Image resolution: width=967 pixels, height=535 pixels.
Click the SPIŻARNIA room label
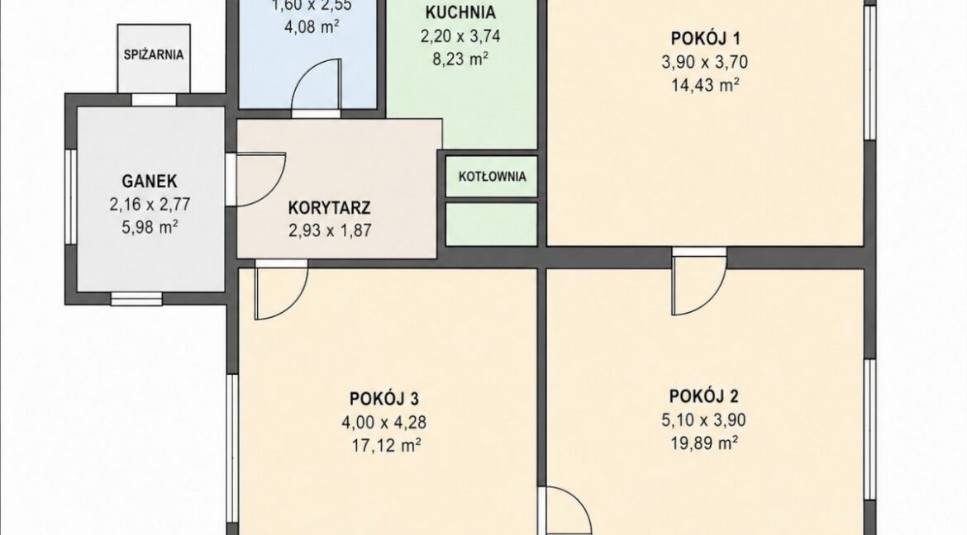(x=154, y=54)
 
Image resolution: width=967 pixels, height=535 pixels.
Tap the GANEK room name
(x=150, y=181)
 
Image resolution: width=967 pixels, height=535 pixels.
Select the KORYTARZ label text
(x=329, y=207)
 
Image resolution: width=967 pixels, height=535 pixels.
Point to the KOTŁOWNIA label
(x=492, y=177)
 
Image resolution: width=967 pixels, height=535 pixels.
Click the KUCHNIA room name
(x=460, y=12)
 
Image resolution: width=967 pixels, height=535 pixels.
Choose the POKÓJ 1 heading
(x=706, y=38)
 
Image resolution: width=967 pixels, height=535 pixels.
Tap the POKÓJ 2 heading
(x=703, y=395)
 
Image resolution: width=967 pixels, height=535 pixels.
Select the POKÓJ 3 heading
(x=384, y=398)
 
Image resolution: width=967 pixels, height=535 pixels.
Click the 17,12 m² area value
(x=383, y=445)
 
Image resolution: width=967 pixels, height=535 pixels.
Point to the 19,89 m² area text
(x=703, y=443)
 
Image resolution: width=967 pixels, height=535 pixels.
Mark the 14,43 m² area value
(x=705, y=85)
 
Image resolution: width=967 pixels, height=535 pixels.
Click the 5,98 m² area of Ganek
(x=150, y=227)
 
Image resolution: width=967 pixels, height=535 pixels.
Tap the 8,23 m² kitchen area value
(x=460, y=59)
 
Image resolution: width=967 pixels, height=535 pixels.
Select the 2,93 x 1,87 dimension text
(x=330, y=230)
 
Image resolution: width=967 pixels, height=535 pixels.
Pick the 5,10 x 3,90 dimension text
(x=703, y=419)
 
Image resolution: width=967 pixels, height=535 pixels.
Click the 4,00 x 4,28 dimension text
(x=384, y=422)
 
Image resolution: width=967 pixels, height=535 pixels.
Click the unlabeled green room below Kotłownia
(x=492, y=225)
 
